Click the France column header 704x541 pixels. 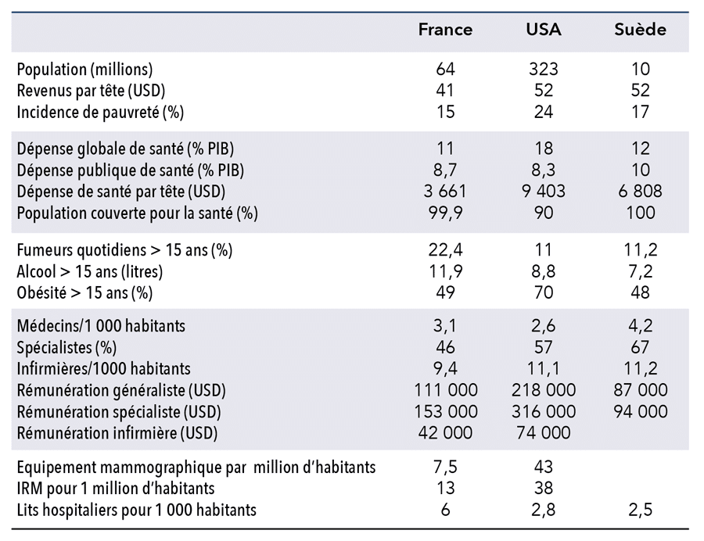point(445,30)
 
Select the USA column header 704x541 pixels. point(544,30)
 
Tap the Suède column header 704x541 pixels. point(640,30)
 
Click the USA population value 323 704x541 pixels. point(544,69)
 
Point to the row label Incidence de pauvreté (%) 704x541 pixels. point(100,112)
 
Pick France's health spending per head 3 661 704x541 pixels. point(445,192)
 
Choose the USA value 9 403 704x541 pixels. point(544,192)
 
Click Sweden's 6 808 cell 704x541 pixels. point(640,192)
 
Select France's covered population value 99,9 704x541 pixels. point(445,213)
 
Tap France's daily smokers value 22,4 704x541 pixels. point(445,250)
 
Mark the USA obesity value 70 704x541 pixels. point(544,292)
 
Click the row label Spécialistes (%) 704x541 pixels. point(66,348)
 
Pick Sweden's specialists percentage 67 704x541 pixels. point(640,347)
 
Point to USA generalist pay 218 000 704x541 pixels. point(544,390)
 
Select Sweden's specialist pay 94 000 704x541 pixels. point(640,411)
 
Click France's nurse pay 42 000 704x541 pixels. point(445,433)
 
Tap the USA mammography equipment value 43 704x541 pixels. point(544,467)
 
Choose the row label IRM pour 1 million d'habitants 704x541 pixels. point(116,489)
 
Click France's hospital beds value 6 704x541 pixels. point(445,510)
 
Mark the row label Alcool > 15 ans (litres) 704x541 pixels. point(89,272)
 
